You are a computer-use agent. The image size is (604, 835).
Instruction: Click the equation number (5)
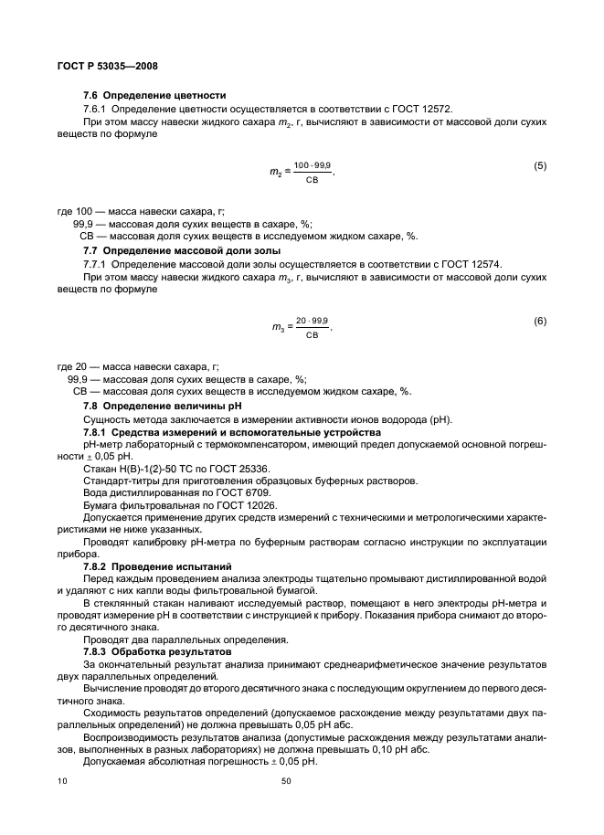pyautogui.click(x=539, y=165)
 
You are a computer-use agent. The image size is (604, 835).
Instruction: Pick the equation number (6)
pyautogui.click(x=539, y=320)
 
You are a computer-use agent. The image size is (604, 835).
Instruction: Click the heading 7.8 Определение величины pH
pyautogui.click(x=165, y=405)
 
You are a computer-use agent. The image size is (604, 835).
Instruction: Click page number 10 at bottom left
pyautogui.click(x=61, y=782)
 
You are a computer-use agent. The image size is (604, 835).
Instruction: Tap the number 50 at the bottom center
pyautogui.click(x=285, y=782)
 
